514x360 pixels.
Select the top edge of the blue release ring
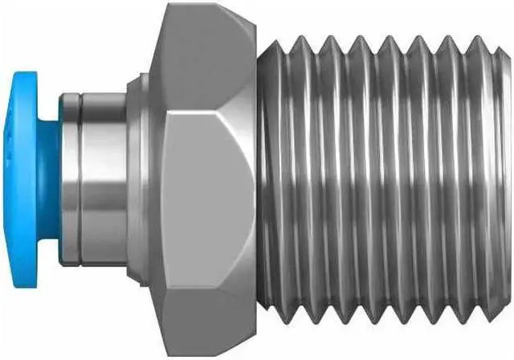tap(28, 72)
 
